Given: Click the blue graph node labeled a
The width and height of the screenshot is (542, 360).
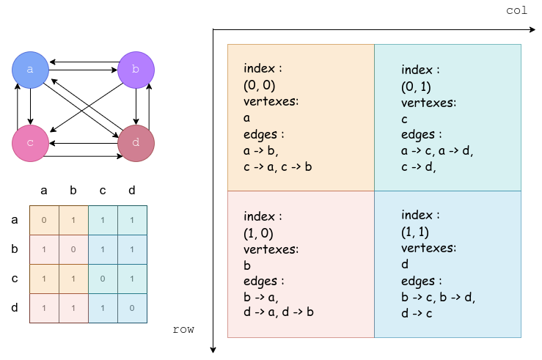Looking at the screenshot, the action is click(30, 70).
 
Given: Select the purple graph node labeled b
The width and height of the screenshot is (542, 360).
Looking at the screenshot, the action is click(136, 70).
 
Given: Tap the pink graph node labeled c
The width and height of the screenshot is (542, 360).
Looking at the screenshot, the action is click(30, 143).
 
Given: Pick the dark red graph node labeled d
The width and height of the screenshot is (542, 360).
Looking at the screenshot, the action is click(136, 143).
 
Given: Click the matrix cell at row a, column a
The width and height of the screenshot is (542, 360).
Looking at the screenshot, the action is click(44, 221).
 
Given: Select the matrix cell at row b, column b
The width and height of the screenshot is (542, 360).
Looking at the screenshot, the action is click(73, 250).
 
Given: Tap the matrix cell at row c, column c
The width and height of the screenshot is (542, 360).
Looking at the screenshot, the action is click(103, 279).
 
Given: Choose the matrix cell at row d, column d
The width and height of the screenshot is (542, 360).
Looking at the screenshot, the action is click(133, 309).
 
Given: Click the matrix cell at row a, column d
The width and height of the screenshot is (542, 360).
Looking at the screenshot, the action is click(133, 221).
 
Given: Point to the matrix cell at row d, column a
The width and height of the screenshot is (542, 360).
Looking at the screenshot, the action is click(44, 309).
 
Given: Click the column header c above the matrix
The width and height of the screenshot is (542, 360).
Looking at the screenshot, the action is click(103, 191).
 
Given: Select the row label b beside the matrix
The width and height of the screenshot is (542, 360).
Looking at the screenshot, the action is click(15, 249).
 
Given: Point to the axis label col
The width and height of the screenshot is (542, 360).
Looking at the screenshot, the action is click(517, 10).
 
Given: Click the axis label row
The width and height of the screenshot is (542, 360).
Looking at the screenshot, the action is click(183, 329).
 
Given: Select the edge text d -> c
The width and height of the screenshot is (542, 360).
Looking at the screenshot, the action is click(417, 313).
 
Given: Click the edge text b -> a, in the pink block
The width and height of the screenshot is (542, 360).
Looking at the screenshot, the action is click(261, 297).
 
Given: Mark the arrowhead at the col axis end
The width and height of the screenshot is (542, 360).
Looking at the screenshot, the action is click(532, 30).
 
